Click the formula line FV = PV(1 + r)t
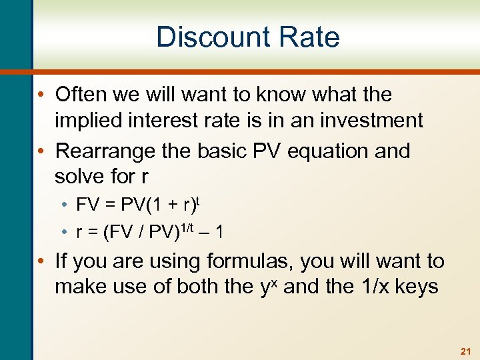[x=137, y=203]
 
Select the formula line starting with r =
[x=149, y=232]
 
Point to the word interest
[x=167, y=121]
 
